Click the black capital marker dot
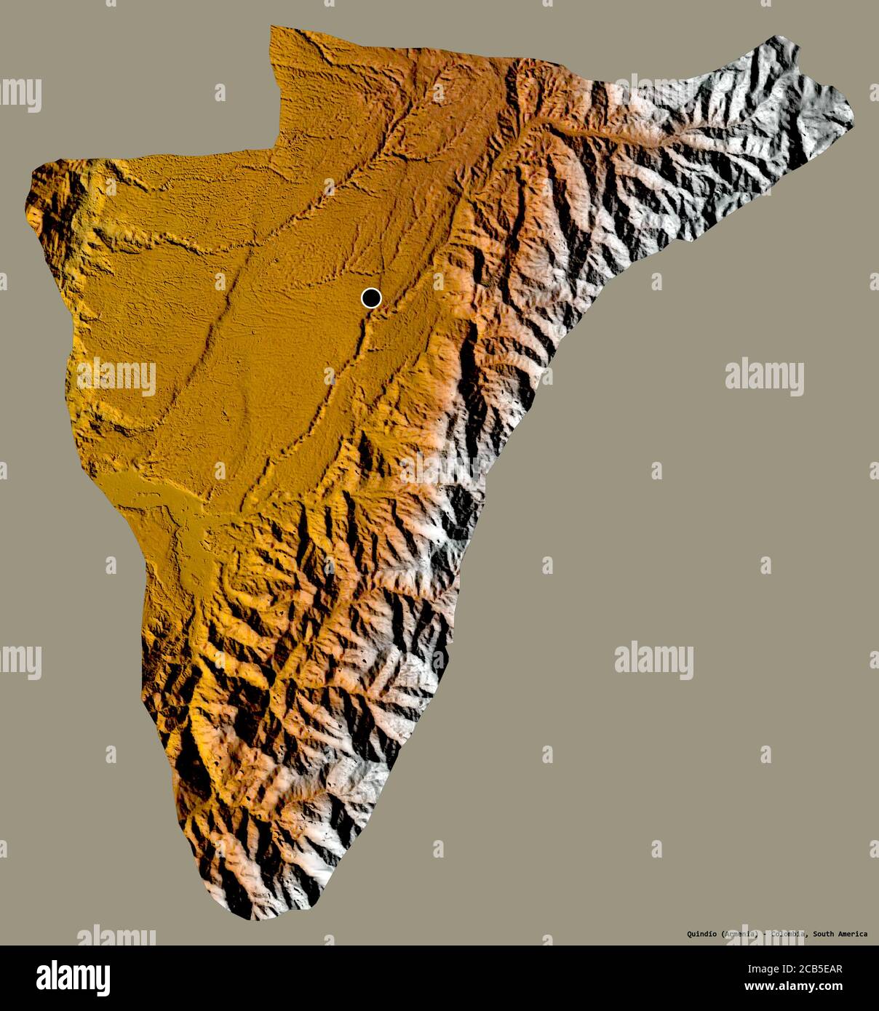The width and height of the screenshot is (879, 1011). click(371, 297)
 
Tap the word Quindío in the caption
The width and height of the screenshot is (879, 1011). click(702, 934)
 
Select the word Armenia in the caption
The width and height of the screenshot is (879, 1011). click(741, 934)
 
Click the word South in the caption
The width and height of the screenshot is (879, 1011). click(825, 934)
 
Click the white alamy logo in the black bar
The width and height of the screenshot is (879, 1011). click(73, 978)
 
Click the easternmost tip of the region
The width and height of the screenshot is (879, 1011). click(853, 116)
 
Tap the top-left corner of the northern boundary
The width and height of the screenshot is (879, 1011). click(271, 28)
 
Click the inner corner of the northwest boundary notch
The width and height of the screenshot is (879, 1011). click(275, 148)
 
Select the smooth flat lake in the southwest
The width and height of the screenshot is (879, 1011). click(149, 491)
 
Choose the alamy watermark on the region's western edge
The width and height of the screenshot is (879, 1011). click(116, 377)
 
